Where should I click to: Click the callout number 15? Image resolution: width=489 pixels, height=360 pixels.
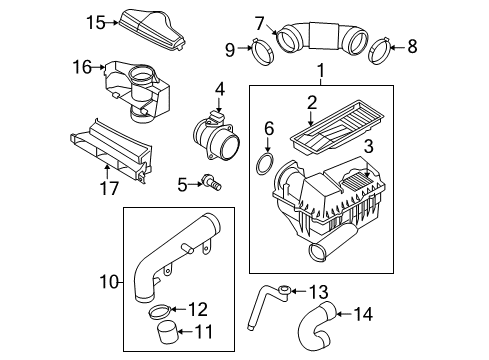click(x=96, y=23)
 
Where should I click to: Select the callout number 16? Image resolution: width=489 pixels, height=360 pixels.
click(x=82, y=67)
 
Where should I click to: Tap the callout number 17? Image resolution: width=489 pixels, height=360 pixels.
click(x=109, y=188)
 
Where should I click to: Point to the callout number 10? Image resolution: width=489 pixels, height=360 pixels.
click(x=109, y=283)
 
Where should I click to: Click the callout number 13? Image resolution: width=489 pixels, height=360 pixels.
click(x=319, y=292)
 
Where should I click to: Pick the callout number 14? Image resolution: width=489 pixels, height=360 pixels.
click(x=363, y=314)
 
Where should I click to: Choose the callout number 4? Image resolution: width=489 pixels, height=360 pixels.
click(x=220, y=90)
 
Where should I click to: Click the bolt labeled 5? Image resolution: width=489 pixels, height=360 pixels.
click(x=211, y=183)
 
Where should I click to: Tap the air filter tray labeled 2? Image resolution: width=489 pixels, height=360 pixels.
click(x=337, y=126)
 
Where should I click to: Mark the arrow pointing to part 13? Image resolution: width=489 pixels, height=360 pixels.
click(x=299, y=291)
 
